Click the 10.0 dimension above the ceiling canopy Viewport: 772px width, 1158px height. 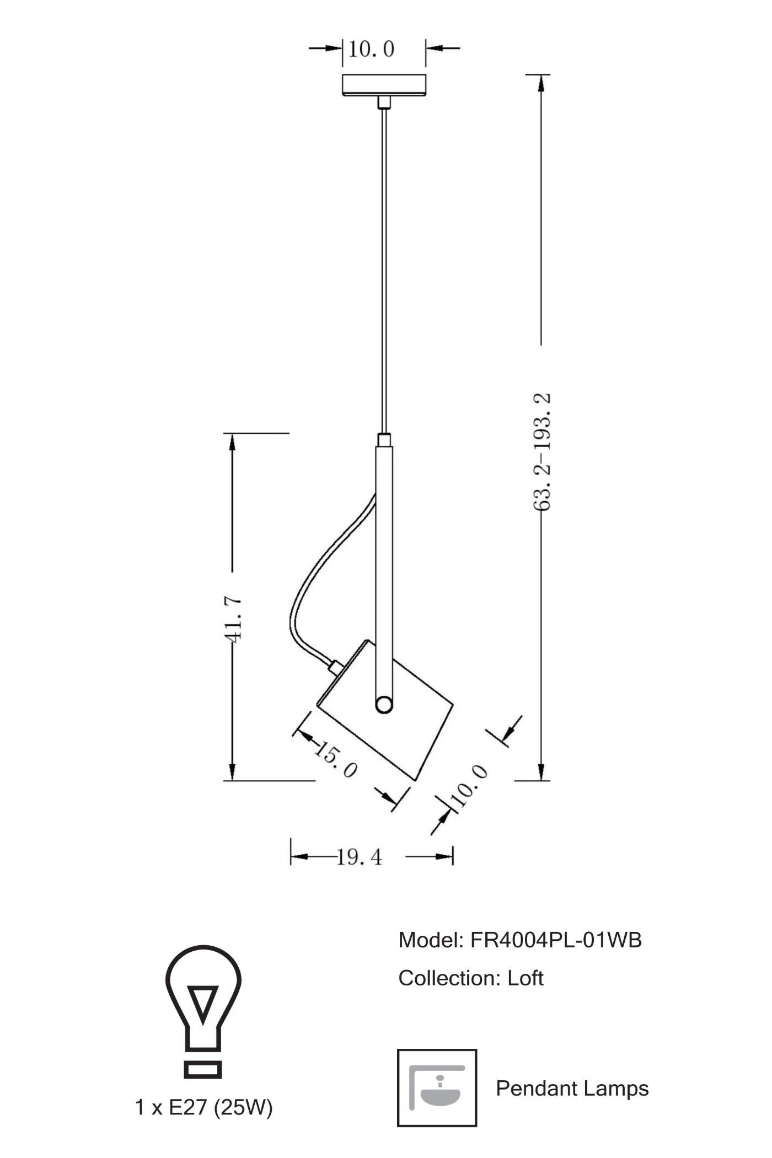(x=371, y=49)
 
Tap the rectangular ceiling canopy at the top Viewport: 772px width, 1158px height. (x=384, y=85)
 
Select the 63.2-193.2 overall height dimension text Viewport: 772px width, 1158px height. (x=542, y=452)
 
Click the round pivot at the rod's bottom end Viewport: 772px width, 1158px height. (x=384, y=705)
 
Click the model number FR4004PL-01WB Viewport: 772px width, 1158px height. (x=556, y=940)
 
